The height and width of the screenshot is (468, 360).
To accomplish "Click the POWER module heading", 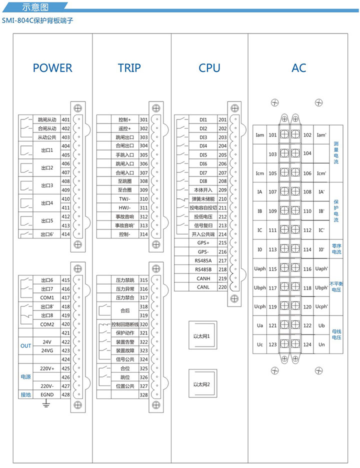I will tap(52, 68).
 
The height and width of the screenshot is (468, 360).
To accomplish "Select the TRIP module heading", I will tap(129, 68).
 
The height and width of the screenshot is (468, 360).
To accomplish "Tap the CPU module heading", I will tap(209, 68).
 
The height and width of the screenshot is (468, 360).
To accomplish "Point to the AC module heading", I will tap(299, 68).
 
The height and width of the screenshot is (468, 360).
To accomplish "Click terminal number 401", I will tap(65, 120).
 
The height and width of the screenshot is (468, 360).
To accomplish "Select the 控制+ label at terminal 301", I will tap(124, 120).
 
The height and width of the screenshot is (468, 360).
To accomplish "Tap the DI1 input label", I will tap(203, 120).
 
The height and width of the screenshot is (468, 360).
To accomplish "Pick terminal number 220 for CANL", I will tap(222, 287).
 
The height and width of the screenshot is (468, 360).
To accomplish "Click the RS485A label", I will tap(203, 260).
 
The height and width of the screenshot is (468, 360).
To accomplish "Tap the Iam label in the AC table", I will tap(259, 135).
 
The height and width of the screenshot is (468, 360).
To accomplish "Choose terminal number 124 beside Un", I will tap(307, 344).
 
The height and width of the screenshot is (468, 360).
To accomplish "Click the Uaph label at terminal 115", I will tap(260, 268).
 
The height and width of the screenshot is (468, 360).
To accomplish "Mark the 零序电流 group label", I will tap(336, 248).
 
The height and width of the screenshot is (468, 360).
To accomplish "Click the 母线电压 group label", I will tap(336, 333).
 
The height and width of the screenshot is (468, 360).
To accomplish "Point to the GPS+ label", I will tap(203, 243).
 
